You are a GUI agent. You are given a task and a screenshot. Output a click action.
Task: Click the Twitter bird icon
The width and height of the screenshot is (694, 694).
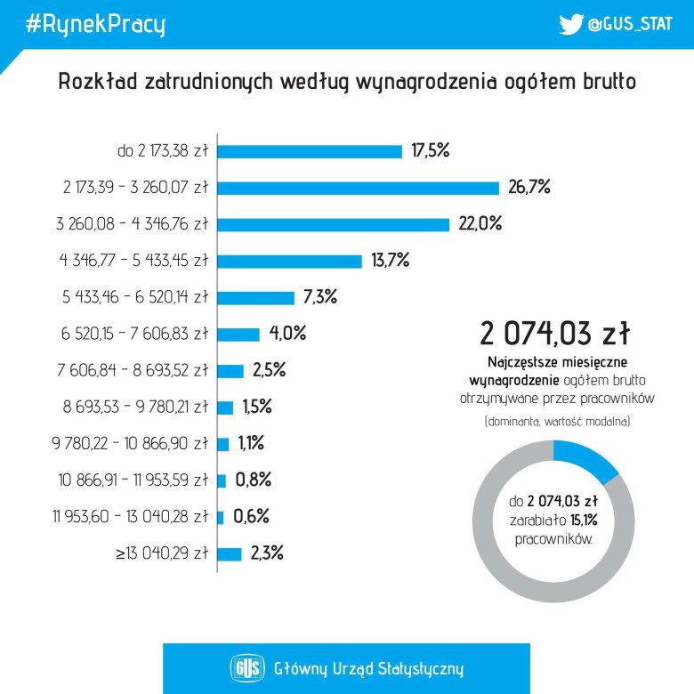(570, 25)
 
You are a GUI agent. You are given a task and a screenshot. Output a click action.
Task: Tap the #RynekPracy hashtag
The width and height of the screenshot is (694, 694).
(95, 25)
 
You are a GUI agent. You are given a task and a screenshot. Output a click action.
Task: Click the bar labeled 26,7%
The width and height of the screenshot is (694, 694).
(359, 188)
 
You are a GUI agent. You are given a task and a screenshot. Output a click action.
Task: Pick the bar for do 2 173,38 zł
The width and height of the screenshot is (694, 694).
(310, 151)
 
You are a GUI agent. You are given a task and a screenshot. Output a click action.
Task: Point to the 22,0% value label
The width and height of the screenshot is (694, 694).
(480, 224)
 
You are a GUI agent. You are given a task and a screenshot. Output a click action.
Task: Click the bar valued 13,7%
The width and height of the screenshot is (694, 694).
(290, 261)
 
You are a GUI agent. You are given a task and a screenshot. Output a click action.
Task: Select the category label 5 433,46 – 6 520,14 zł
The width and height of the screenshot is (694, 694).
(134, 298)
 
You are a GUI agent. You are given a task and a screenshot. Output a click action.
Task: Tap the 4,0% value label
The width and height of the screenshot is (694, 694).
(287, 335)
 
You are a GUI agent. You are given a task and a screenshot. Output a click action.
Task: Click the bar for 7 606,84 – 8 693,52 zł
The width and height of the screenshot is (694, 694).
(230, 371)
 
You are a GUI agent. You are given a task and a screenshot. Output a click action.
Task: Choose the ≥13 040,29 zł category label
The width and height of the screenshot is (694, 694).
(161, 553)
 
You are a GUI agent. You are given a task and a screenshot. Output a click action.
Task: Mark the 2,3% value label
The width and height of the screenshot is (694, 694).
(267, 553)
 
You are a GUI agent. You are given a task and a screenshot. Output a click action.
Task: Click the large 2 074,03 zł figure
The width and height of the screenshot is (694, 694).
(555, 335)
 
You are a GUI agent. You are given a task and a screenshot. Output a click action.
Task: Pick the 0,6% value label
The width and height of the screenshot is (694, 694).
(251, 517)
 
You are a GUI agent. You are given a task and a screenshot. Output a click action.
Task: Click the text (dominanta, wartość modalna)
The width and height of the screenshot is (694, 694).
(556, 421)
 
